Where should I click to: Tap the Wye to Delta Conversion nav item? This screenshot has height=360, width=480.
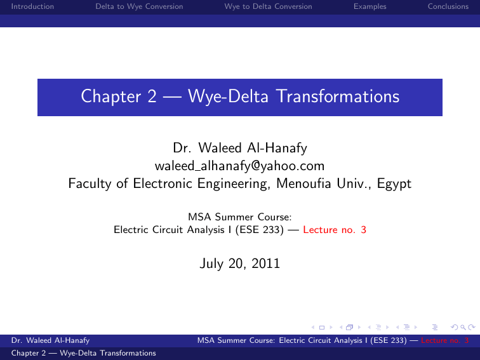coord(268,6)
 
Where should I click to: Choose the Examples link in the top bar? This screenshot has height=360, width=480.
coord(370,6)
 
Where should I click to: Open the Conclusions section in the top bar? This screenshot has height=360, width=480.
coord(451,6)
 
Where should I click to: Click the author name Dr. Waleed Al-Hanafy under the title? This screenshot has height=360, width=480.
coord(239,149)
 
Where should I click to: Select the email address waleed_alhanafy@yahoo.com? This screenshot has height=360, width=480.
coord(239,166)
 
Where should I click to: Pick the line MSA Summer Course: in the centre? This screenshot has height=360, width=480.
coord(239,218)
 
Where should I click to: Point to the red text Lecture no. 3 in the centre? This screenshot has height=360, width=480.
coord(335,230)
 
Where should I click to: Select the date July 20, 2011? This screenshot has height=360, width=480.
coord(239,262)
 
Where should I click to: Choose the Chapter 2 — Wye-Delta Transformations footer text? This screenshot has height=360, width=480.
coord(79,353)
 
